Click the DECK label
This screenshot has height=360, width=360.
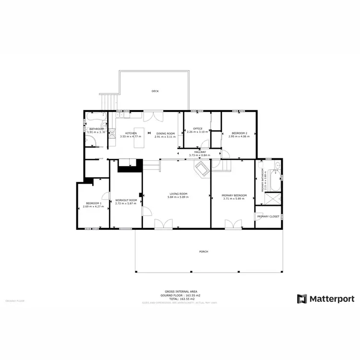coord(155,91)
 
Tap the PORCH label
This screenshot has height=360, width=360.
coord(204,252)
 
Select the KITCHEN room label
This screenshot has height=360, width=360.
coord(131,133)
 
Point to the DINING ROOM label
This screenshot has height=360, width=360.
coord(165,133)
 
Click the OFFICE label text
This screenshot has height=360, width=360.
coord(198,129)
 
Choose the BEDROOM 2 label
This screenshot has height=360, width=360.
coord(239,133)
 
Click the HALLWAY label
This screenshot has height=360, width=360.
coord(197,152)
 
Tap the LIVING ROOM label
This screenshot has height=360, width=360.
coord(178,194)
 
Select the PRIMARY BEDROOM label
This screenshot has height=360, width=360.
coord(234,195)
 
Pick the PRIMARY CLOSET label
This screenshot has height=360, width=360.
coord(268,216)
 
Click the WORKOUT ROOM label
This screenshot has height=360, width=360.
coord(126,200)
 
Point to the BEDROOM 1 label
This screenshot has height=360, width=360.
coord(93,203)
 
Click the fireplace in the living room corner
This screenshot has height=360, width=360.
coord(200,168)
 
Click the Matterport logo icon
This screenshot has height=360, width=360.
coord(302,299)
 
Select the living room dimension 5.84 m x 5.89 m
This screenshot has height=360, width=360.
coord(178,197)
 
